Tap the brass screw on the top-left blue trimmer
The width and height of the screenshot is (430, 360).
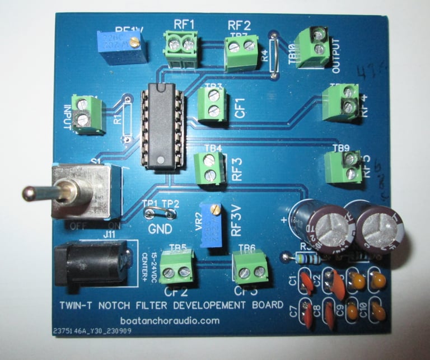pos(134,42)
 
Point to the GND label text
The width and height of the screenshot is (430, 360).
pos(160,229)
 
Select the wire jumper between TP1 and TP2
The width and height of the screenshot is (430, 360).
pos(160,212)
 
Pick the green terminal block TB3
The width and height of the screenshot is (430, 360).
pos(213,104)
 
